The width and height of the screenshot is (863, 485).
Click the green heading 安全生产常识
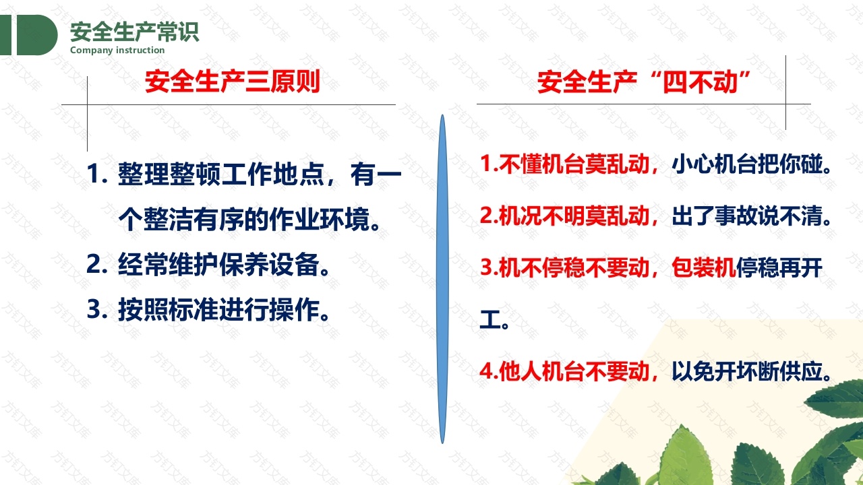coord(134,32)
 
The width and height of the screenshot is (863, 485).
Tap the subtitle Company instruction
coord(117,51)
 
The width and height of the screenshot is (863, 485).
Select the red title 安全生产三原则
coord(233,82)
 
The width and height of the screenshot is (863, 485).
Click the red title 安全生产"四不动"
coord(643,82)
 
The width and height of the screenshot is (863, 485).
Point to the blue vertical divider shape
coord(442,279)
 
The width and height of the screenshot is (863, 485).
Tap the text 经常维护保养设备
coord(223,265)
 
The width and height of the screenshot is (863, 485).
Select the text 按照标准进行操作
coord(223,310)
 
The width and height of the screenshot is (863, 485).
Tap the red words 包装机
coord(703,267)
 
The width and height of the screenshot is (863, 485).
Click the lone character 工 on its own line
coord(490,319)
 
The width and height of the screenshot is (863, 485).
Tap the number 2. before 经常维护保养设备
coord(96,265)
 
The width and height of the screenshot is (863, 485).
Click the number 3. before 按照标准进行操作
coord(96,310)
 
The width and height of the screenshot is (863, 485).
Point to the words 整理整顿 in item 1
coord(169,174)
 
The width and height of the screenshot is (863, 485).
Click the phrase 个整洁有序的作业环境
coord(249,220)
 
